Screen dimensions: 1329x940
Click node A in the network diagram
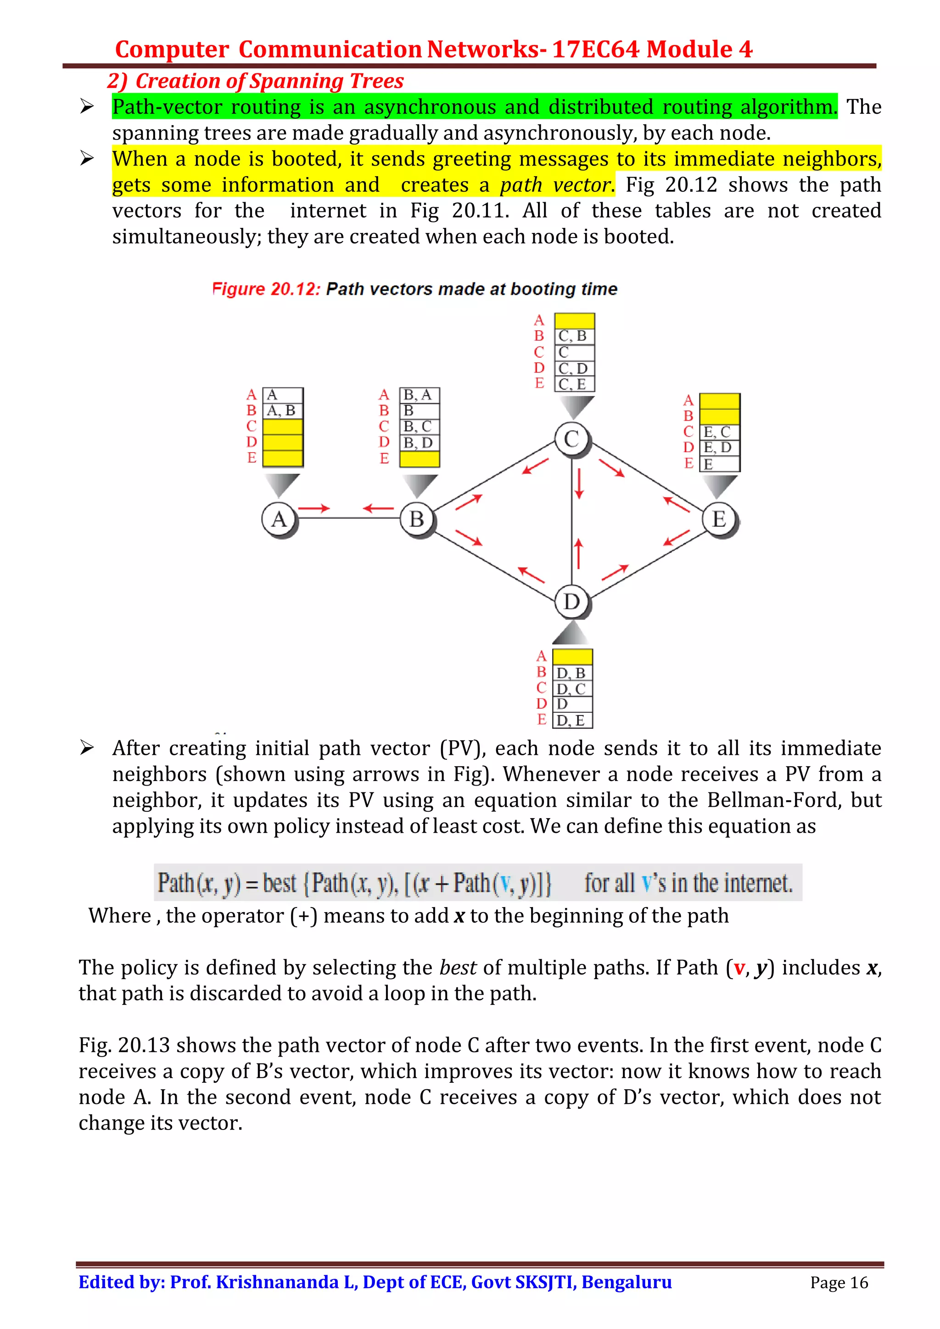(279, 519)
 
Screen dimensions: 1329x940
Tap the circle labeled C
(571, 439)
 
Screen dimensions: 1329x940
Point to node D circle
(571, 602)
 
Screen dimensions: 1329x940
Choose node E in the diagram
(719, 519)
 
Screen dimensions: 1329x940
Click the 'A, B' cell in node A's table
(283, 411)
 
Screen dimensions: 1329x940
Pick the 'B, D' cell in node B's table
(420, 443)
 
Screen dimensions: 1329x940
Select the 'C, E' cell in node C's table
(574, 384)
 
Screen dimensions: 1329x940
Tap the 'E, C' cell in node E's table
(719, 432)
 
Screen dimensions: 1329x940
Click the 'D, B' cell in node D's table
(572, 673)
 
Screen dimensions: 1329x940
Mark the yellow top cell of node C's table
(574, 321)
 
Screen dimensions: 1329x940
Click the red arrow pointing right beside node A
(314, 508)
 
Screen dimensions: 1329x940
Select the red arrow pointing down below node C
(579, 483)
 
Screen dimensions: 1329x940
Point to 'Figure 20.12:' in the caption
(266, 289)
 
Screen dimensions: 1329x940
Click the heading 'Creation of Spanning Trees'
(269, 81)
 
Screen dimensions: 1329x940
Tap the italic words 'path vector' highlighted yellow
(555, 185)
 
